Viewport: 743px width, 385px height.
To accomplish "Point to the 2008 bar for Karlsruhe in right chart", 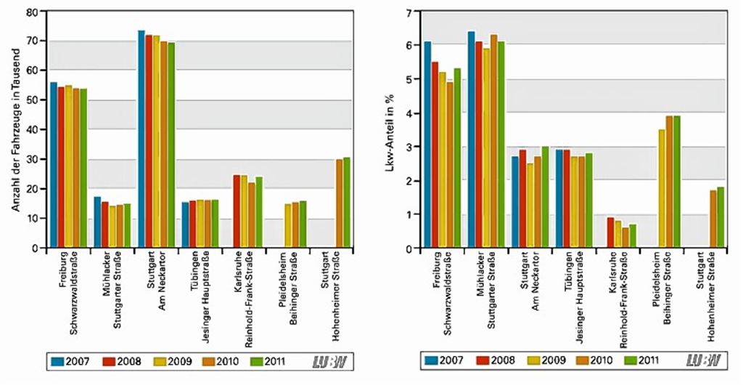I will pos(610,232).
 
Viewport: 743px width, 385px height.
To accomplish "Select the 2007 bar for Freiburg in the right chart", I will pos(427,145).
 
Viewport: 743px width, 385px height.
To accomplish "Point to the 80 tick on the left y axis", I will pos(31,12).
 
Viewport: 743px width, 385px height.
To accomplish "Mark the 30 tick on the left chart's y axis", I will pos(31,159).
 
